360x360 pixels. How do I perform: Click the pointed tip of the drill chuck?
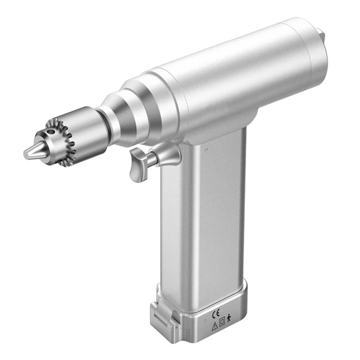28,154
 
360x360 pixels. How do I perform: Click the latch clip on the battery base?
160,313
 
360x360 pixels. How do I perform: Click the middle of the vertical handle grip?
201,222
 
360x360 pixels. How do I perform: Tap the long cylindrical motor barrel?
240,78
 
